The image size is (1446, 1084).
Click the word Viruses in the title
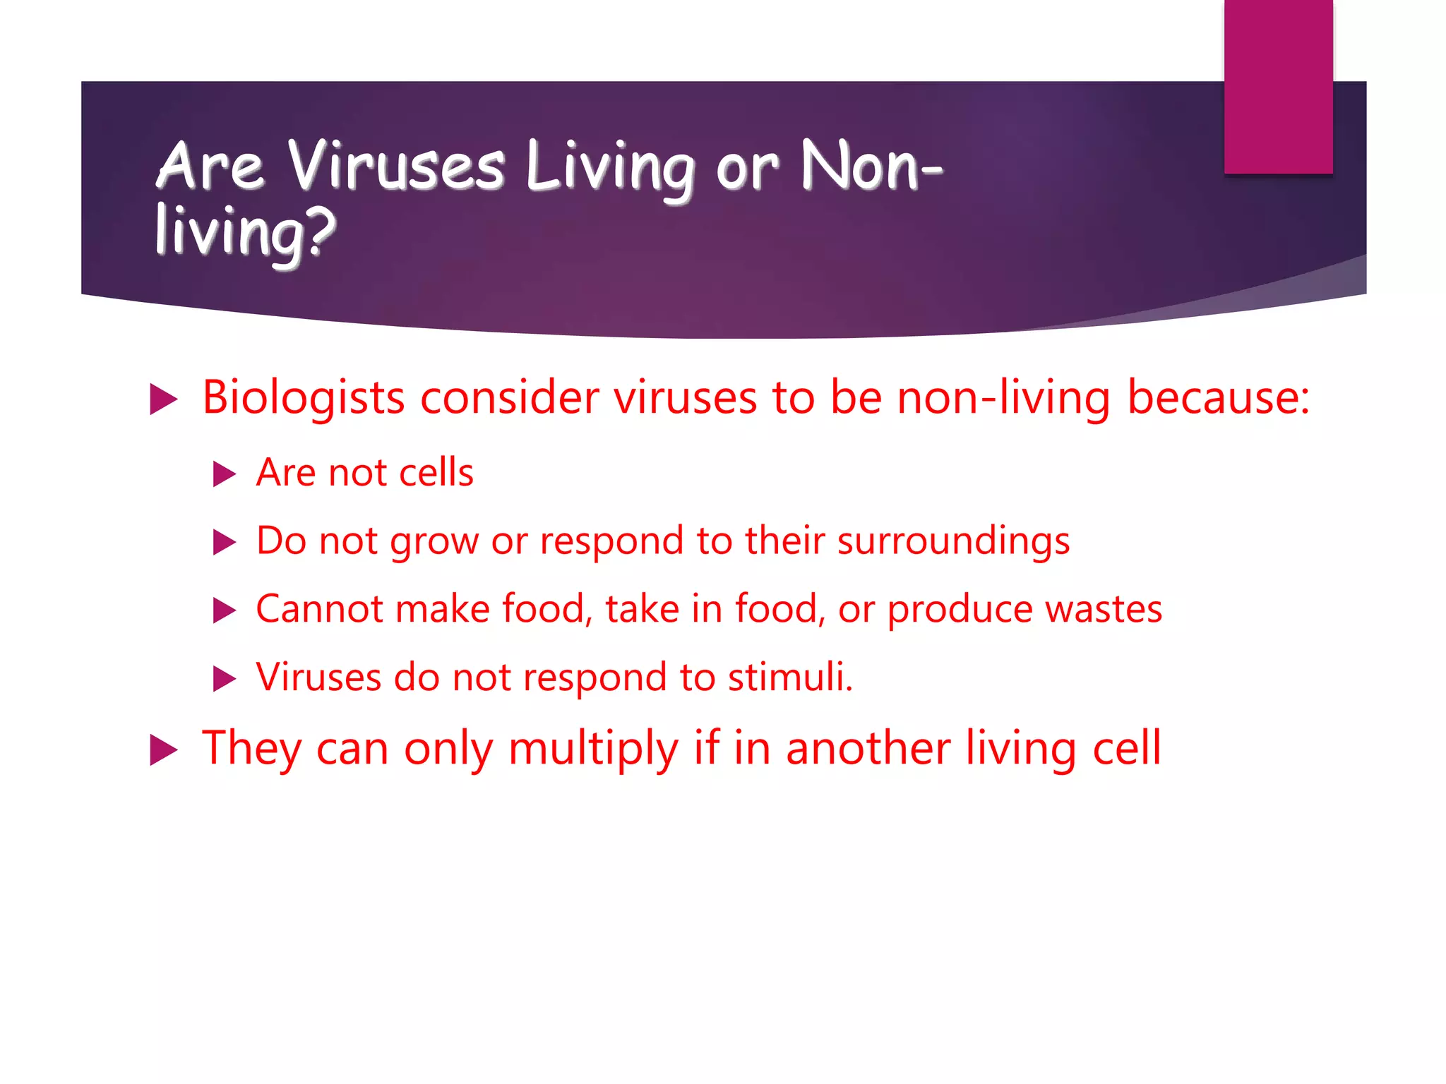396,167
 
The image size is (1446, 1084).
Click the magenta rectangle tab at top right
1278,86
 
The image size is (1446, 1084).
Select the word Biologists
304,398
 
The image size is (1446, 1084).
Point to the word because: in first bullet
1218,398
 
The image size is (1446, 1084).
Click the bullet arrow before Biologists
163,399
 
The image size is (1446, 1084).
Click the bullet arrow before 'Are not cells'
224,474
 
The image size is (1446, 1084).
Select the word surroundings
953,542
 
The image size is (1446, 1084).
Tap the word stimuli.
789,677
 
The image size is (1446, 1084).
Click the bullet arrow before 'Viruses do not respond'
224,679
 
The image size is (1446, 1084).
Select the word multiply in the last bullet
593,749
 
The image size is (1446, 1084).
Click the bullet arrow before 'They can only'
163,749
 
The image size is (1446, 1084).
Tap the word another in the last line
868,748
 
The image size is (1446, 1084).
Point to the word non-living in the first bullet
1003,398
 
